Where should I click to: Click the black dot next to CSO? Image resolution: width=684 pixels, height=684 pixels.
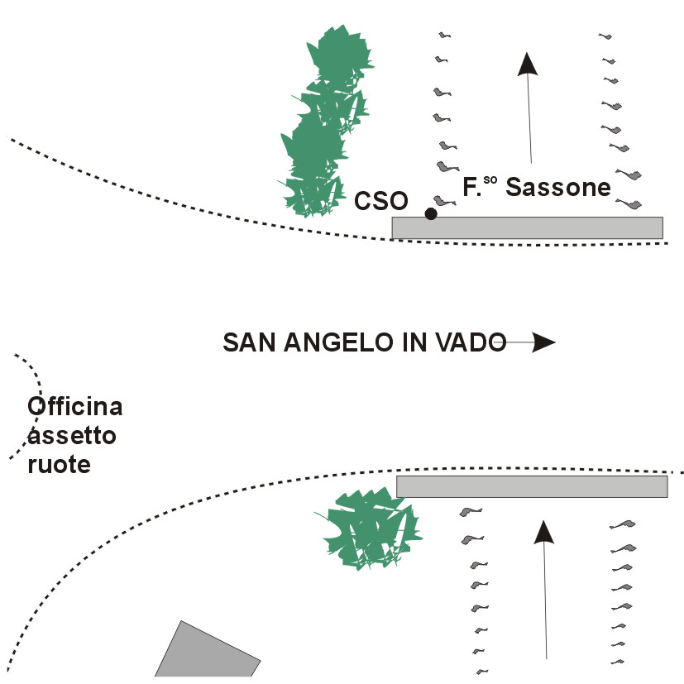pos(430,213)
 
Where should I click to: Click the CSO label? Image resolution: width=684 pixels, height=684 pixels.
pos(380,201)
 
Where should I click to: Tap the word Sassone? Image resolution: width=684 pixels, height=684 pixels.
pos(558,187)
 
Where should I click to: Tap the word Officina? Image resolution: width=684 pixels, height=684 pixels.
pos(74,407)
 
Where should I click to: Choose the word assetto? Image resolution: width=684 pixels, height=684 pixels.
pos(62,436)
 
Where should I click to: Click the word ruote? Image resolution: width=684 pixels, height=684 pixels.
pos(58,464)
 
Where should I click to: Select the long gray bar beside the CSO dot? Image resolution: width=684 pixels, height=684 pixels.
pos(528,227)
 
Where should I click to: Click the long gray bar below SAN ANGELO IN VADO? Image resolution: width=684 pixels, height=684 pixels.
pos(532,486)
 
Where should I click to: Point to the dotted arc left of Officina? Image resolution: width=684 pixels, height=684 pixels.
pos(33,405)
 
